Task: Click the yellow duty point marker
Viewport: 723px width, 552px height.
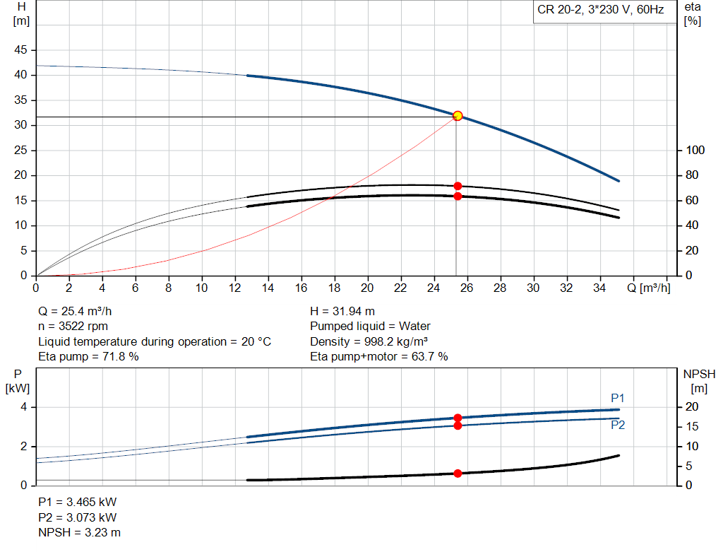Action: pyautogui.click(x=458, y=115)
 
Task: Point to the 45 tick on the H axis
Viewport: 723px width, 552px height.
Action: pyautogui.click(x=21, y=50)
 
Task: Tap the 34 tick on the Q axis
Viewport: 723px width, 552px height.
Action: pyautogui.click(x=600, y=288)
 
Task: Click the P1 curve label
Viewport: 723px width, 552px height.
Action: pyautogui.click(x=618, y=398)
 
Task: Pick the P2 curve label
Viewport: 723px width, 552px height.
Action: pyautogui.click(x=618, y=425)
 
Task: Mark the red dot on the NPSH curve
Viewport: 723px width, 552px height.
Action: pyautogui.click(x=458, y=473)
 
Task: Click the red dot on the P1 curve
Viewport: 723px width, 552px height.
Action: pyautogui.click(x=458, y=418)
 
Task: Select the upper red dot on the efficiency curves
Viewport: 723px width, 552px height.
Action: pyautogui.click(x=458, y=186)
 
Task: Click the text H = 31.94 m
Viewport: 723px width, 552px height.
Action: pyautogui.click(x=342, y=311)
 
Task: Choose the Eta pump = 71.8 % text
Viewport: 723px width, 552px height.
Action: pyautogui.click(x=88, y=356)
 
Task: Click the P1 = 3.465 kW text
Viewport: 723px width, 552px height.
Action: pyautogui.click(x=77, y=502)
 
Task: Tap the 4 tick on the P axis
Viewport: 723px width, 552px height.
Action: pyautogui.click(x=23, y=407)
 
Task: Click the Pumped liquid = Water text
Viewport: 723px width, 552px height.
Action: pyautogui.click(x=370, y=326)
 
